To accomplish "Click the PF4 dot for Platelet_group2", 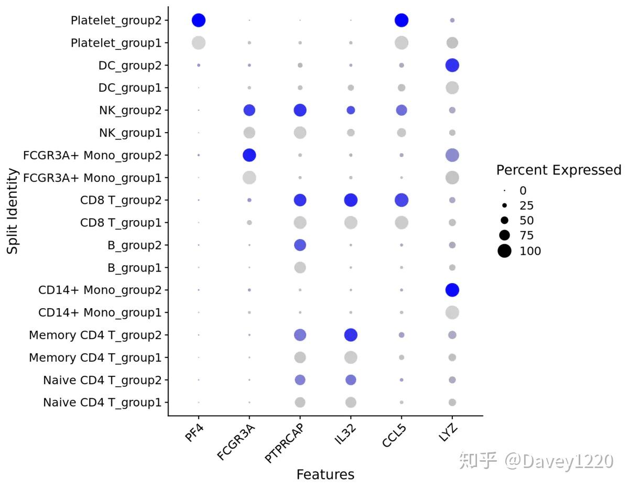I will (x=199, y=20).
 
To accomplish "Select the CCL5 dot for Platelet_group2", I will (x=402, y=20).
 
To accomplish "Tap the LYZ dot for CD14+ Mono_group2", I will (x=452, y=290).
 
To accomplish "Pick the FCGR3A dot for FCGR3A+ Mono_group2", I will (x=250, y=155).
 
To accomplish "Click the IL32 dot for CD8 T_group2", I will (x=351, y=200).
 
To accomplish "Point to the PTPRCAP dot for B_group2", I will (x=300, y=245).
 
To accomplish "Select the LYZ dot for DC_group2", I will (x=452, y=66).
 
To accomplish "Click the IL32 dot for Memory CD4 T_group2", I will (x=351, y=335).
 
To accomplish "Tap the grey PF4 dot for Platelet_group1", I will (x=199, y=43).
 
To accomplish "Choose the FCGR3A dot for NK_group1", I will (x=250, y=133).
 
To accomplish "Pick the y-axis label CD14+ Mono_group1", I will (x=100, y=312).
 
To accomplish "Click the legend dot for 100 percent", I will (x=504, y=251).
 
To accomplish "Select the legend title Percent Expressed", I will (x=558, y=170).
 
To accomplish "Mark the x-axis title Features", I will (x=325, y=475).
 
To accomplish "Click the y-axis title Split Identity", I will (x=13, y=211).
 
